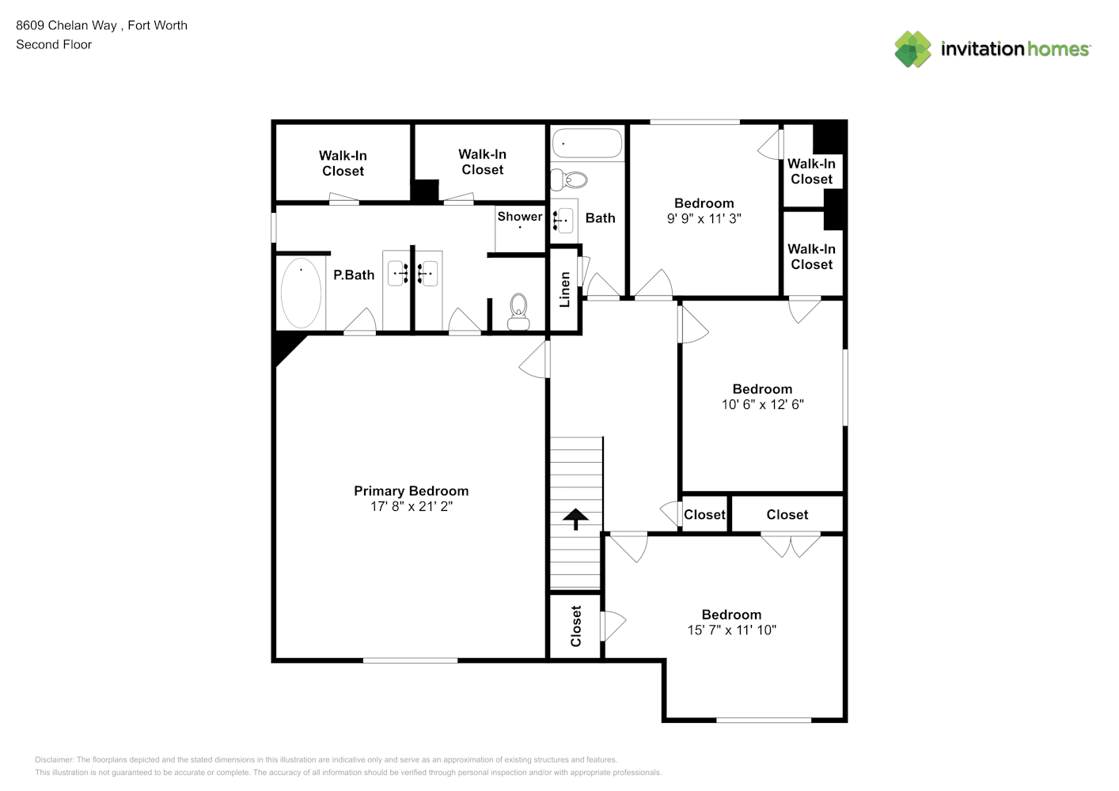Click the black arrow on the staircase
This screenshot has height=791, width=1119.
pyautogui.click(x=575, y=519)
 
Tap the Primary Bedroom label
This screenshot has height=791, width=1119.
pyautogui.click(x=412, y=491)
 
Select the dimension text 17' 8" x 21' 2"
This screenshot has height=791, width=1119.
pyautogui.click(x=412, y=506)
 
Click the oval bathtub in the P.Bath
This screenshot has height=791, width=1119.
pyautogui.click(x=301, y=293)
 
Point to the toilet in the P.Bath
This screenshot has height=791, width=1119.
pyautogui.click(x=518, y=312)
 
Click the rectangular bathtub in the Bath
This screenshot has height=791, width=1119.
pyautogui.click(x=587, y=144)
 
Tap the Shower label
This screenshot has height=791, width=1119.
pyautogui.click(x=519, y=216)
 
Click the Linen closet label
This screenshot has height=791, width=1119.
pyautogui.click(x=564, y=290)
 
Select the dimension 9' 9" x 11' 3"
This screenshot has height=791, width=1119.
pyautogui.click(x=704, y=219)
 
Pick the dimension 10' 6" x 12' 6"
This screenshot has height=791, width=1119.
pyautogui.click(x=762, y=404)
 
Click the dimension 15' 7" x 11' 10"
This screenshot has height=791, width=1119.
pyautogui.click(x=731, y=630)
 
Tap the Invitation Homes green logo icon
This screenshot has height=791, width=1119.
pyautogui.click(x=912, y=49)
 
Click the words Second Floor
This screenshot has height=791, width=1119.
pyautogui.click(x=54, y=44)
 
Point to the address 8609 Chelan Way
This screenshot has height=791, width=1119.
pyautogui.click(x=66, y=25)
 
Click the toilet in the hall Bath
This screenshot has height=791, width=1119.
pyautogui.click(x=569, y=180)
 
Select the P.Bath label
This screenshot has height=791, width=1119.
pyautogui.click(x=354, y=274)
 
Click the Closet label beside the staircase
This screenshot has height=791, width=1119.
pyautogui.click(x=575, y=626)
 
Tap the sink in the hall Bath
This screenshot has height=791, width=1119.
pyautogui.click(x=563, y=220)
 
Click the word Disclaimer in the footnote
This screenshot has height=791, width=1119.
pyautogui.click(x=54, y=759)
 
